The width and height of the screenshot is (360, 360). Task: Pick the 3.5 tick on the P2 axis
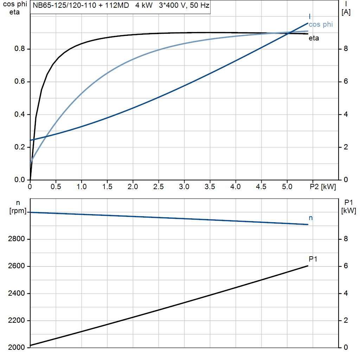click(210, 187)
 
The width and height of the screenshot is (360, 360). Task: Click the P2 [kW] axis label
click(323, 187)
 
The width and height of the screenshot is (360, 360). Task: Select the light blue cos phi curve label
click(320, 24)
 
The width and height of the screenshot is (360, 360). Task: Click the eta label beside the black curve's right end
click(314, 38)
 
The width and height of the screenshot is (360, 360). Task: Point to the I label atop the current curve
click(309, 17)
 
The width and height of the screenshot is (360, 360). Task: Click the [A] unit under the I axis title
click(346, 13)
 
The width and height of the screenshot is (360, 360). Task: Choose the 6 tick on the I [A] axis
click(346, 82)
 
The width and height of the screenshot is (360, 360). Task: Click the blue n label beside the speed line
click(310, 218)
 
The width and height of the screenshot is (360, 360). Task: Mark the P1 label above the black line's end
click(313, 259)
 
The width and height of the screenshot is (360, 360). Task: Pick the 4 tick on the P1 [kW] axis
click(346, 293)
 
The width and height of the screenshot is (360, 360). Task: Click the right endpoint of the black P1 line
click(308, 266)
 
